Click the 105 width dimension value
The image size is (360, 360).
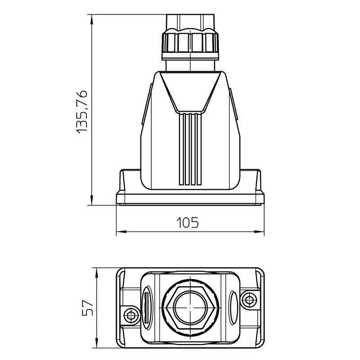pyautogui.click(x=187, y=222)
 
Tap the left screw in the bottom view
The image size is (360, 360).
pyautogui.click(x=131, y=314)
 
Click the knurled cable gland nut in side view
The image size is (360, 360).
pyautogui.click(x=191, y=41)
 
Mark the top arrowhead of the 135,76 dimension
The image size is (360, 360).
pyautogui.click(x=92, y=18)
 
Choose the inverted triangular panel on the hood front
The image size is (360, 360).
pyautogui.click(x=190, y=90)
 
